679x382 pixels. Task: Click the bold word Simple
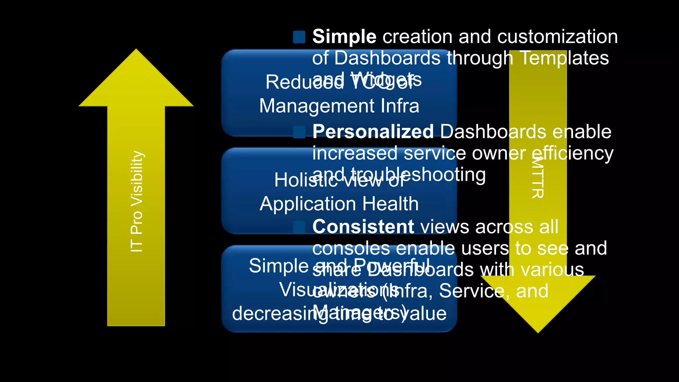click(x=344, y=36)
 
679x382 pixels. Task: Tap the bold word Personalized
click(x=373, y=132)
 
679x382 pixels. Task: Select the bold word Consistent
click(x=363, y=227)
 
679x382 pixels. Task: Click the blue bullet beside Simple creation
click(x=299, y=37)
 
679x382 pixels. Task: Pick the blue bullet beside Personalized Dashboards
click(x=299, y=132)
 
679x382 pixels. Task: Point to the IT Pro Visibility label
click(x=137, y=201)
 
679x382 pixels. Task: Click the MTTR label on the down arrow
click(x=537, y=177)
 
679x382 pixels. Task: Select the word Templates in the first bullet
click(x=564, y=58)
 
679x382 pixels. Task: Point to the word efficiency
click(x=573, y=153)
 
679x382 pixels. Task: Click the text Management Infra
click(x=339, y=106)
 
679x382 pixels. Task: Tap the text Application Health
click(x=339, y=204)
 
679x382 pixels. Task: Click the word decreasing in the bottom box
click(x=273, y=314)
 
